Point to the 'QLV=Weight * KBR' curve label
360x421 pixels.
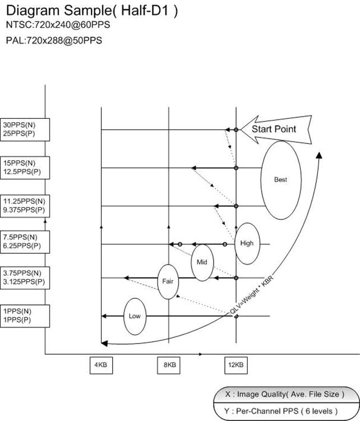coord(252,294)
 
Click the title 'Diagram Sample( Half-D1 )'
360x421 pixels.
coord(92,11)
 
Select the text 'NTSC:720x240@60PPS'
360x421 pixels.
coord(58,25)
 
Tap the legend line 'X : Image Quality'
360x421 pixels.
coord(285,395)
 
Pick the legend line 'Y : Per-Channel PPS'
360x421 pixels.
coord(281,411)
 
